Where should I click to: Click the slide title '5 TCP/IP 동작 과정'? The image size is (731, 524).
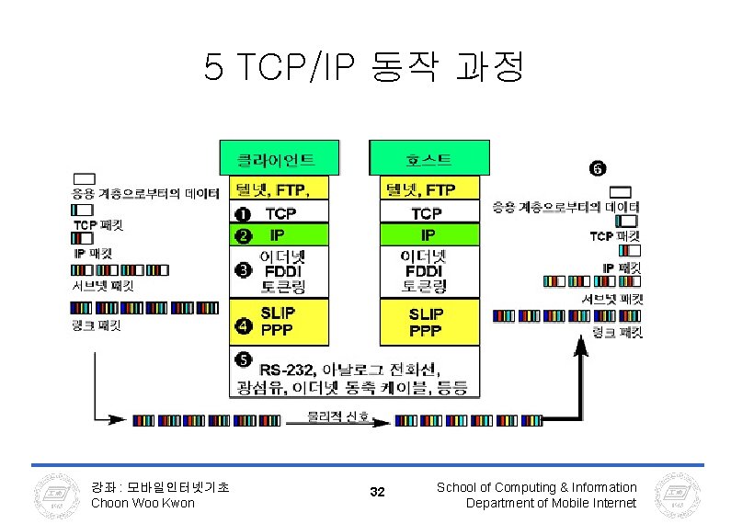[364, 65]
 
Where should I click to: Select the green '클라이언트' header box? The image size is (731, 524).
[278, 158]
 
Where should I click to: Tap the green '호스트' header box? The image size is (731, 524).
[425, 158]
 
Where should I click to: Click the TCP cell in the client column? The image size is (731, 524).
[280, 212]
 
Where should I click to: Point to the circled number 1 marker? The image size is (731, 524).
[243, 212]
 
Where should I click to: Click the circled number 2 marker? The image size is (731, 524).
[243, 235]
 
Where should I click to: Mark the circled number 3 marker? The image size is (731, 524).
[243, 270]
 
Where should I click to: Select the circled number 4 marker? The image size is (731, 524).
[243, 324]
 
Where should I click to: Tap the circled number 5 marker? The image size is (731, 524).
[243, 359]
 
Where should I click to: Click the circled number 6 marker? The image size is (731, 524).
[597, 168]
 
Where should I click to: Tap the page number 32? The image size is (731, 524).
[377, 493]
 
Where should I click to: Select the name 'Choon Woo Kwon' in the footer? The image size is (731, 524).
[143, 503]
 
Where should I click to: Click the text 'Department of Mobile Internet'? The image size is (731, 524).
[551, 503]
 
